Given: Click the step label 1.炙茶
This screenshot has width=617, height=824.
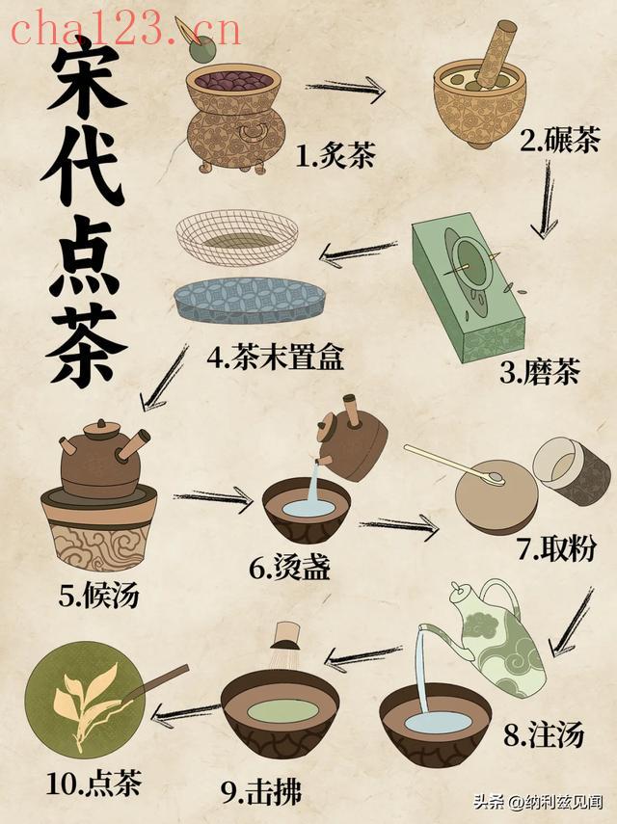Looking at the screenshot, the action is point(335,155).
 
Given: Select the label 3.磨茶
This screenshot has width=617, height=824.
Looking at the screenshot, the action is point(539,372).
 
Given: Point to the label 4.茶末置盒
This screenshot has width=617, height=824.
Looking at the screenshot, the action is point(276,357).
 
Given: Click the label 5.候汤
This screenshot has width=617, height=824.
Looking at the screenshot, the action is point(98,595).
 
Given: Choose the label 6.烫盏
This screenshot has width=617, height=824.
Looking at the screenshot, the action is point(289,568).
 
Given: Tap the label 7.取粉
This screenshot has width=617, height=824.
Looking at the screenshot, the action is point(556,548).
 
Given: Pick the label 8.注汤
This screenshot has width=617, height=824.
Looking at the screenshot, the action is point(544,733).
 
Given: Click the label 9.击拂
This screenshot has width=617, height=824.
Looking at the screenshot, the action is point(261,791).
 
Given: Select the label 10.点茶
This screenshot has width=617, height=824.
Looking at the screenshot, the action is point(94,783).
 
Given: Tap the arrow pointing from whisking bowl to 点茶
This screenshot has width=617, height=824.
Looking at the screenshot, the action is point(185,713).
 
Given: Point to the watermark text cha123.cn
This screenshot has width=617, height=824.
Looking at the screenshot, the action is point(126,30).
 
